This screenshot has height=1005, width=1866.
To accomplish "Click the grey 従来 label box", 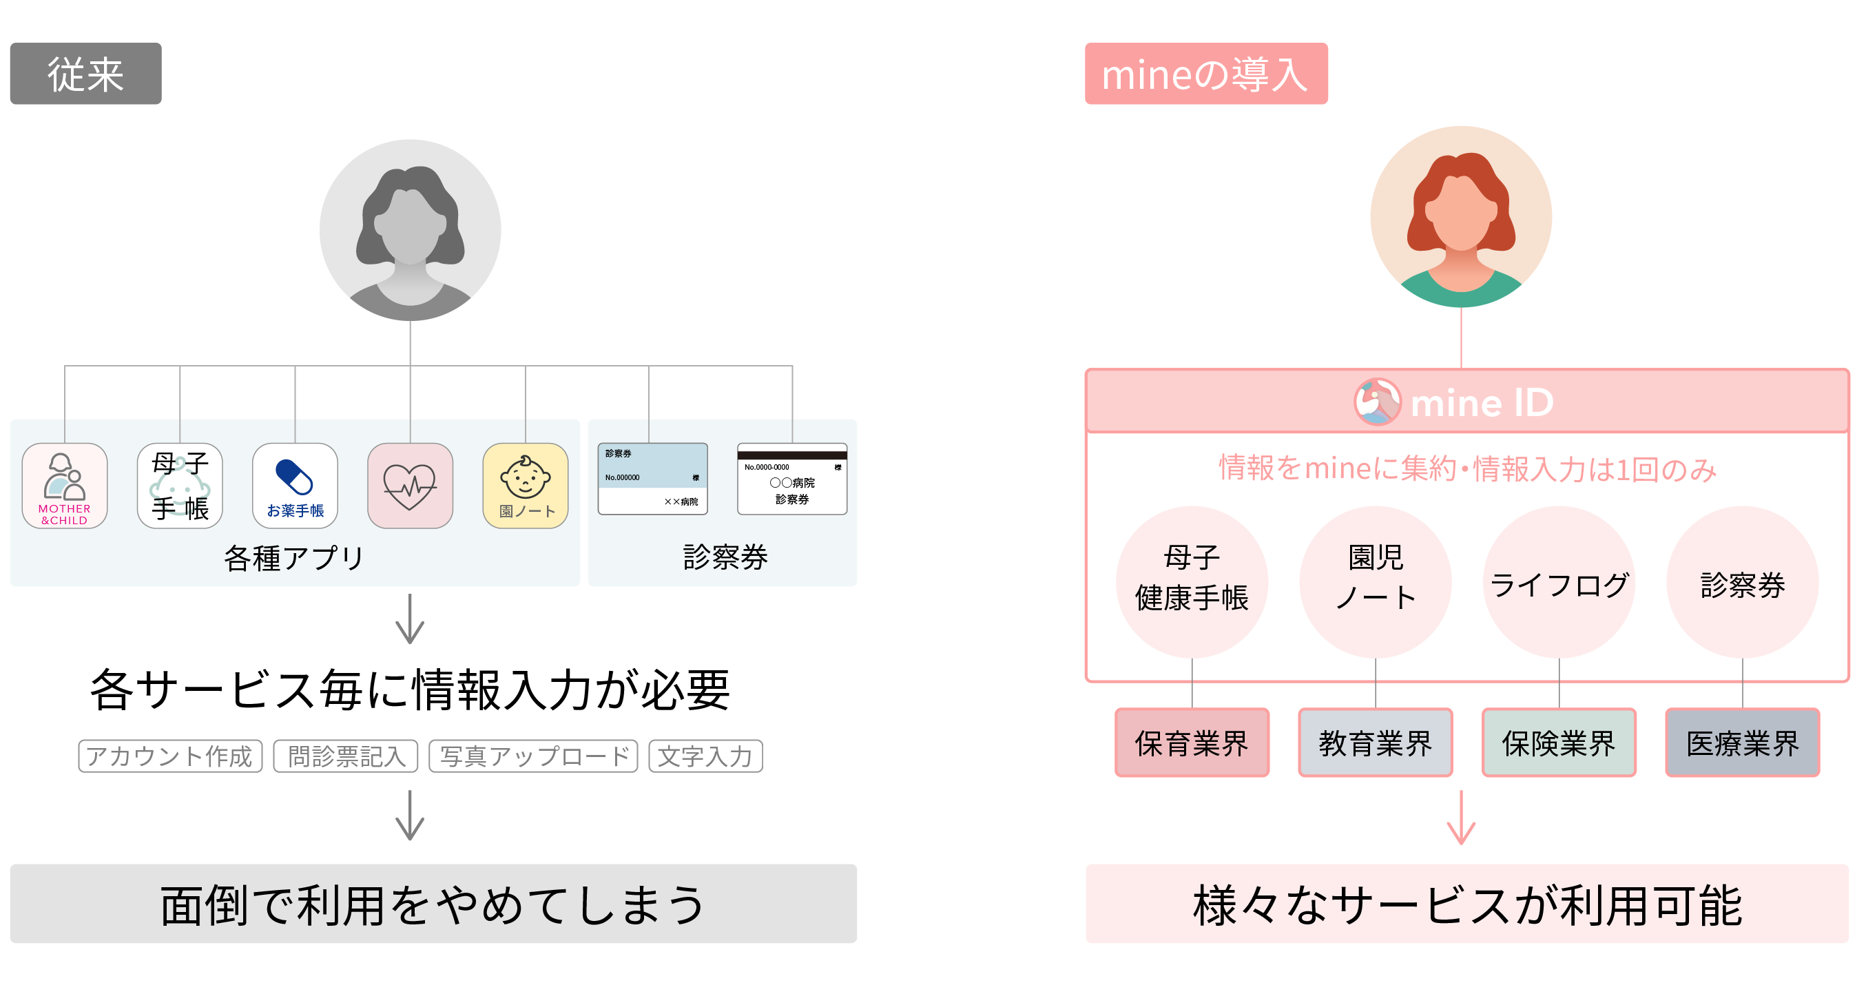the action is [x=85, y=74].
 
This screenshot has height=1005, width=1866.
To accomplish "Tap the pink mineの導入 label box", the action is [x=1205, y=74].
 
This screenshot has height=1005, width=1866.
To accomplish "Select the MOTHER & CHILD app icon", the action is [x=65, y=486].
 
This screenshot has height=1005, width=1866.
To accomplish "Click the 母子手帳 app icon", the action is [x=180, y=486].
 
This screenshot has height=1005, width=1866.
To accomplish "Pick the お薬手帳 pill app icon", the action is [x=295, y=486].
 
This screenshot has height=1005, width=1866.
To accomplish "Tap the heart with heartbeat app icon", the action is [x=410, y=486].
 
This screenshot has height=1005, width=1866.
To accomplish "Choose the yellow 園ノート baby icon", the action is [x=525, y=486].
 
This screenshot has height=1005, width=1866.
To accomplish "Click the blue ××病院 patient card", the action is [x=652, y=479].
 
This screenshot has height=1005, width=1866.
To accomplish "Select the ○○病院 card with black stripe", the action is [x=791, y=479].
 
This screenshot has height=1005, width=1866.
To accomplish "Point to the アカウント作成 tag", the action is [x=170, y=756].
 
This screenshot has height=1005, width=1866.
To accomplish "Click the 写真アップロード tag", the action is [x=533, y=756].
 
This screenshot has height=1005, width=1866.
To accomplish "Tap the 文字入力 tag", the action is [x=705, y=756].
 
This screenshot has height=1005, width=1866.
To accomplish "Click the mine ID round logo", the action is [x=1377, y=402].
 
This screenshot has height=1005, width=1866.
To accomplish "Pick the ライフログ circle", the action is [x=1559, y=581].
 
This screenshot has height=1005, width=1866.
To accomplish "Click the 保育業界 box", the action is [x=1192, y=743].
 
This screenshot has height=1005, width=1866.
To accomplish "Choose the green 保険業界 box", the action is [x=1559, y=743].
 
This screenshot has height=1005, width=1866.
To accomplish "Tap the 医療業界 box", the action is [x=1742, y=743].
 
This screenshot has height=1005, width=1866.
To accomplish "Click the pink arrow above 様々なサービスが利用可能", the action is [x=1460, y=818].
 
